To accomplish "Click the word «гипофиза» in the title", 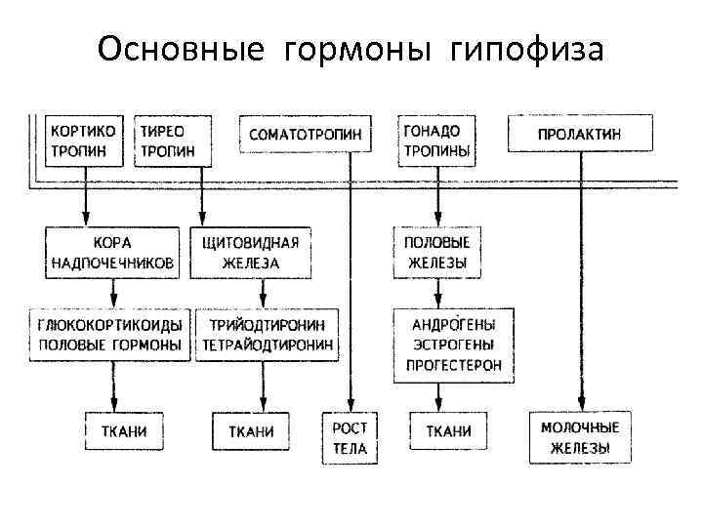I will point(528,49).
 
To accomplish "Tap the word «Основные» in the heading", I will point(181,49).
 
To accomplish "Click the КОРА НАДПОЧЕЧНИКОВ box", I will point(113,253).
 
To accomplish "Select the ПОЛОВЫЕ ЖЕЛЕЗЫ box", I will point(436,253).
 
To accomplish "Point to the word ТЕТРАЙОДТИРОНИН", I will point(268,345).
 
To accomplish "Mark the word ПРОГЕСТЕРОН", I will point(455,365).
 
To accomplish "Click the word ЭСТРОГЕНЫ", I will point(455,345).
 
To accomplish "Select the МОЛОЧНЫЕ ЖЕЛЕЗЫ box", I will point(581,438).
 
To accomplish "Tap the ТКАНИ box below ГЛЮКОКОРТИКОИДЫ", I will point(123,430).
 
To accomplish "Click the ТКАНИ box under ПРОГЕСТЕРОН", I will point(449,430).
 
